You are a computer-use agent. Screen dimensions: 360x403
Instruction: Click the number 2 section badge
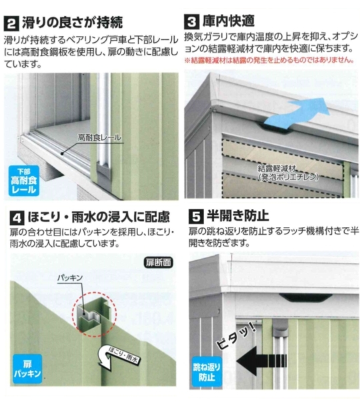[x=11, y=24]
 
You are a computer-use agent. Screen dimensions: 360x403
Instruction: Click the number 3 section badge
[x=191, y=21]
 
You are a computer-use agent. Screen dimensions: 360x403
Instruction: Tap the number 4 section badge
[x=17, y=218]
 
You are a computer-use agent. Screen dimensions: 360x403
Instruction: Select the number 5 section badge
[x=196, y=216]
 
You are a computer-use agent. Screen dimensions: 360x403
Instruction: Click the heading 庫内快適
[x=229, y=21]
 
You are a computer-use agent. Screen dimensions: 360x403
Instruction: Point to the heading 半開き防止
[x=238, y=216]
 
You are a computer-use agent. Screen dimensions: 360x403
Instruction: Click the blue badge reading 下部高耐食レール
[x=23, y=181]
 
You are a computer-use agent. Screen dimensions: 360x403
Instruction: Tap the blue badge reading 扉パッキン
[x=27, y=369]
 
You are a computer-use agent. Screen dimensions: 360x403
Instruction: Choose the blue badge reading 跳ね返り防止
[x=207, y=372]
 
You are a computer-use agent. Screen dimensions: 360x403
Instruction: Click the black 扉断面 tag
[x=158, y=262]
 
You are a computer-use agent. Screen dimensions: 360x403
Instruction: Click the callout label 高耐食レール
[x=99, y=137]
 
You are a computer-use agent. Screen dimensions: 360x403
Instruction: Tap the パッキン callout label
[x=70, y=278]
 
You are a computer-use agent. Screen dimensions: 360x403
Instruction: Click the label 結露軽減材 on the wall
[x=277, y=169]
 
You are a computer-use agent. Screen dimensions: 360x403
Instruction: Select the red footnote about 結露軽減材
[x=269, y=60]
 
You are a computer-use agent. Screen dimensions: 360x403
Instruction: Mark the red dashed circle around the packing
[x=95, y=314]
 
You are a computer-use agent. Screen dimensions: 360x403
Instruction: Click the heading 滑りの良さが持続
[x=73, y=23]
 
